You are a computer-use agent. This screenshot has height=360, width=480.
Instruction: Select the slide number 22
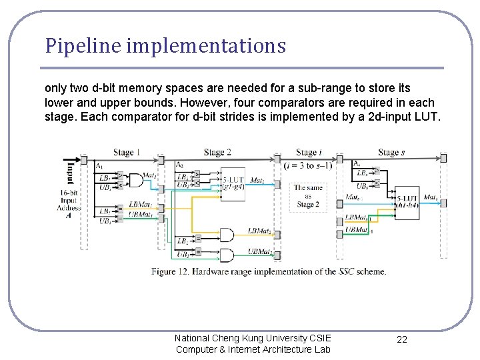pyautogui.click(x=402, y=339)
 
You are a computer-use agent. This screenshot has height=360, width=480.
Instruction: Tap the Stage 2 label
pyautogui.click(x=217, y=153)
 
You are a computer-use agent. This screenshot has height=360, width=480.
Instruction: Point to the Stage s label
pyautogui.click(x=392, y=153)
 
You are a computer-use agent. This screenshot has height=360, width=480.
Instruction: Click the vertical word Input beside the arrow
pyautogui.click(x=69, y=173)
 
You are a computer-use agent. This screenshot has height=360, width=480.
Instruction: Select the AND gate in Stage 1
pyautogui.click(x=136, y=181)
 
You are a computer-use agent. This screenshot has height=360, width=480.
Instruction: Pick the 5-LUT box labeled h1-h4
pyautogui.click(x=407, y=201)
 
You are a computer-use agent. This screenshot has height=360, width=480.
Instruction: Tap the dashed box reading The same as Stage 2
pyautogui.click(x=307, y=196)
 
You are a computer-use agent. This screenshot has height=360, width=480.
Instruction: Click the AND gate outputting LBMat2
pyautogui.click(x=227, y=235)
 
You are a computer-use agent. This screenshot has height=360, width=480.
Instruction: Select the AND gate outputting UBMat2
pyautogui.click(x=227, y=255)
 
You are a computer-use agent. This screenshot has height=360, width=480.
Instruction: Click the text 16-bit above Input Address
pyautogui.click(x=69, y=193)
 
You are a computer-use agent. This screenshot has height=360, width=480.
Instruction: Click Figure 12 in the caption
pyautogui.click(x=172, y=271)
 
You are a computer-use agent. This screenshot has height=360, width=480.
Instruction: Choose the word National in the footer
pyautogui.click(x=193, y=338)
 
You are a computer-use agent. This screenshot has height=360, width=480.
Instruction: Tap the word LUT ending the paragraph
pyautogui.click(x=428, y=117)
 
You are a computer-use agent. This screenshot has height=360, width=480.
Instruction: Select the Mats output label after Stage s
pyautogui.click(x=431, y=198)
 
